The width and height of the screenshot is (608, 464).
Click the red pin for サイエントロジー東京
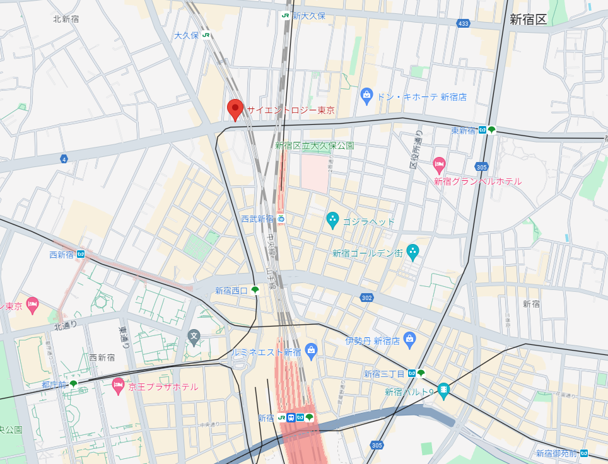point(235,109)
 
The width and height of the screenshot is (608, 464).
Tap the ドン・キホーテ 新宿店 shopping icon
point(366,96)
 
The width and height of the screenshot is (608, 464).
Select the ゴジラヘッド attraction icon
point(332,221)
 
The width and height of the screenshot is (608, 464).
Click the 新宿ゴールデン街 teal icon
point(412,252)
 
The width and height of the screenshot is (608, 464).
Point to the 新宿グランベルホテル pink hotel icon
point(440,166)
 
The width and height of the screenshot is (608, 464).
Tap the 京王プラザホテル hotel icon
point(118,385)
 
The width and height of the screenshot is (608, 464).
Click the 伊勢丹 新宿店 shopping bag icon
point(409,340)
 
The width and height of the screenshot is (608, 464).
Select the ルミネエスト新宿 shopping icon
point(310,350)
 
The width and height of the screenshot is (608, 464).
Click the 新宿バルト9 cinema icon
point(444,391)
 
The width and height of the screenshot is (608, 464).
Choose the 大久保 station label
point(187,35)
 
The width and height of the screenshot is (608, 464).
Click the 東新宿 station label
point(464,130)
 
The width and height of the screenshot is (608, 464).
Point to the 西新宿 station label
point(62,255)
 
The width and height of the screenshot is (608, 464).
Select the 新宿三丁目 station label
point(385,373)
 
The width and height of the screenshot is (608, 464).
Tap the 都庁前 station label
point(54,384)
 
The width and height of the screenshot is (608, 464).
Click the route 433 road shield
point(464,23)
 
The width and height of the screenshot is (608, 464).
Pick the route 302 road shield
point(366,297)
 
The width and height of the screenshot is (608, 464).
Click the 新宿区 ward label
point(528,19)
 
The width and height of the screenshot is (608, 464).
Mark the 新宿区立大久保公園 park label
point(314,146)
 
